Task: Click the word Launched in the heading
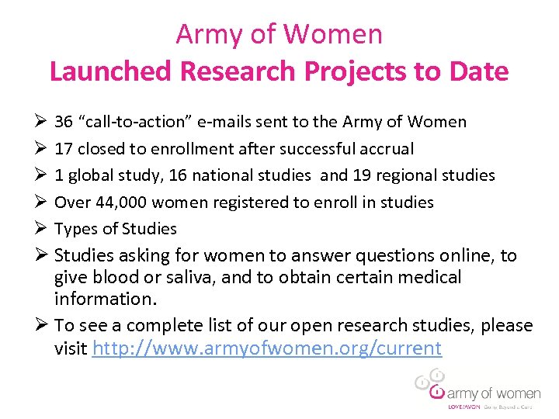(x=111, y=71)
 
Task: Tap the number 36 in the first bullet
(x=64, y=122)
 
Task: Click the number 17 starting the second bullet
(x=64, y=148)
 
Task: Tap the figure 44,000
(x=117, y=202)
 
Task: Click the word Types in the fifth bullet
(x=76, y=229)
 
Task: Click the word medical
(x=426, y=277)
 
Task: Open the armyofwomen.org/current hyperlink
(x=266, y=348)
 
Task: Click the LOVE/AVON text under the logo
(x=464, y=407)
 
